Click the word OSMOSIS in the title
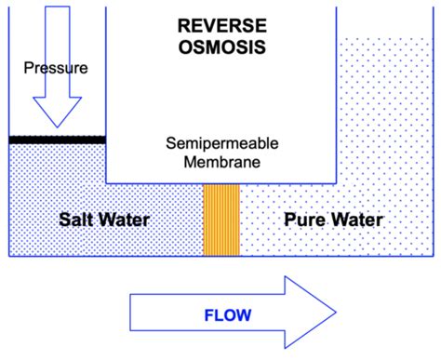tap(220, 46)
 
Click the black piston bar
tap(57, 140)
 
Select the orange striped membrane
tap(221, 220)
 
